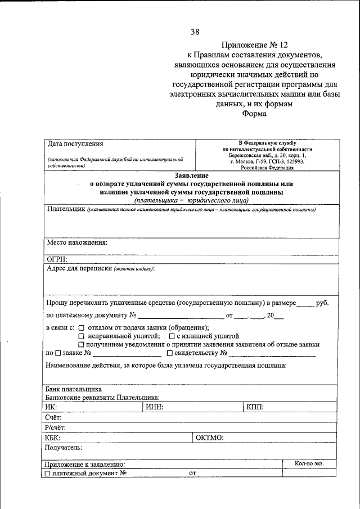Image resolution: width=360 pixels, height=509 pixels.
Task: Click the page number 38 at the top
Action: (195, 31)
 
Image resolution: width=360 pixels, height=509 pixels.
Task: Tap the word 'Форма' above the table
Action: (254, 114)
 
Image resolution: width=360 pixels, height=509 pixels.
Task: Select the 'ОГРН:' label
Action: (57, 259)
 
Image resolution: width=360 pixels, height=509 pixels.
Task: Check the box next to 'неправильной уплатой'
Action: (82, 336)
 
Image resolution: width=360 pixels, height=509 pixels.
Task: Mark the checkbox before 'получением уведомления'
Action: (82, 344)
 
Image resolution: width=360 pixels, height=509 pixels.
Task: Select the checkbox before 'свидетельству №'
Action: (169, 353)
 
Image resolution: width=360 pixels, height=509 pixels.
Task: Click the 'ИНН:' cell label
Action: (154, 407)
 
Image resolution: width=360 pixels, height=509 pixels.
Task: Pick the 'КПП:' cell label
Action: (255, 407)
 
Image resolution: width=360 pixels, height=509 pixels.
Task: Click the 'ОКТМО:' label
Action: (209, 438)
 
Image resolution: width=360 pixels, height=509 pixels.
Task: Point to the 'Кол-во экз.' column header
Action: (309, 463)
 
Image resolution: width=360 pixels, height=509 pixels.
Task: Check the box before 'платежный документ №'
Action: (47, 474)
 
